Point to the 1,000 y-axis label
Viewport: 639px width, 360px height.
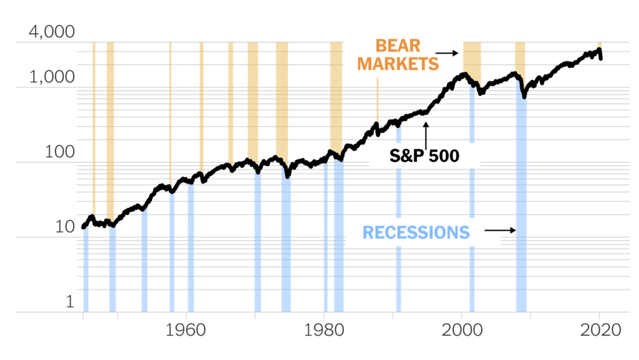(x=52, y=77)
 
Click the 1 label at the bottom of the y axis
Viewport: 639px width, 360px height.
(x=70, y=302)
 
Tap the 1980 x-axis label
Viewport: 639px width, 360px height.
(x=323, y=332)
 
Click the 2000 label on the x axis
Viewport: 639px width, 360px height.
(x=462, y=332)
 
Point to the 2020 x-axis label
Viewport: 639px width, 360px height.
(x=600, y=332)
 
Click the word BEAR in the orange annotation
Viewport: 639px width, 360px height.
(x=398, y=46)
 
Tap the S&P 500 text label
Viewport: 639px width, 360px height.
(x=424, y=155)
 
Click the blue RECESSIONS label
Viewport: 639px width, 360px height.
(x=416, y=233)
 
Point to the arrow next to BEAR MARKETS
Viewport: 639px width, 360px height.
(x=446, y=53)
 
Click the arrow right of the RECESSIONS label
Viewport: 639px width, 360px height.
(x=500, y=230)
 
